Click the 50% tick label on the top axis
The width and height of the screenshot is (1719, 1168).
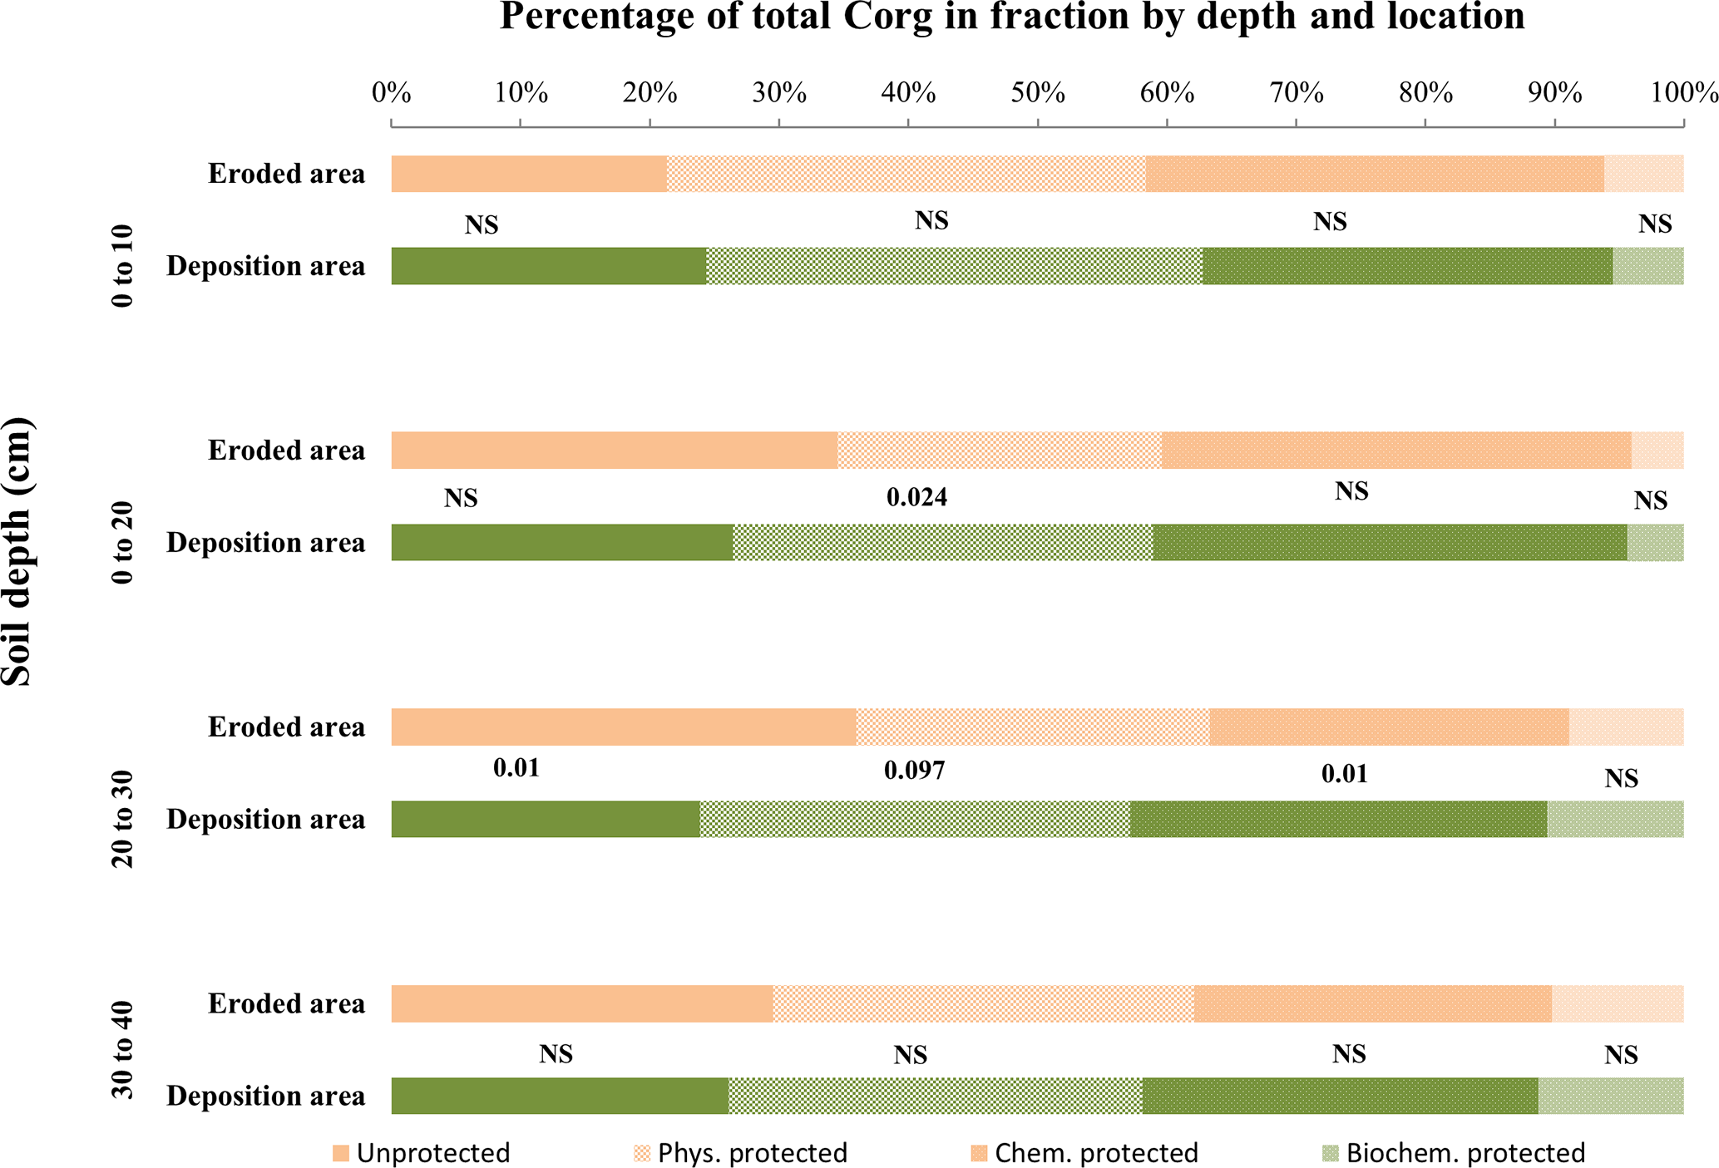click(1038, 93)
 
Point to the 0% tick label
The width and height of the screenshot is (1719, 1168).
click(391, 93)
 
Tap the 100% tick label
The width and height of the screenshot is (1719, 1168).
click(1683, 93)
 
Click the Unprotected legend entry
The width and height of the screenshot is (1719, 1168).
click(421, 1153)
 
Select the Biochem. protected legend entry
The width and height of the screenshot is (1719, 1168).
click(1454, 1153)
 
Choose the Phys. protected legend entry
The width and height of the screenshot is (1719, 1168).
click(740, 1153)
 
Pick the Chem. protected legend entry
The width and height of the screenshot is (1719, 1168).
click(1084, 1153)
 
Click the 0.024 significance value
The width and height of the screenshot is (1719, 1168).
click(916, 498)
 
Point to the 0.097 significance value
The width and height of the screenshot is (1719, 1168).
click(914, 771)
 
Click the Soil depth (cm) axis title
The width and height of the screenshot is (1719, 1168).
click(17, 552)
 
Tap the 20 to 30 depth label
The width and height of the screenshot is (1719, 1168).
click(122, 819)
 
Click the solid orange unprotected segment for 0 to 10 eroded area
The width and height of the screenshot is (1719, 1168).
click(529, 174)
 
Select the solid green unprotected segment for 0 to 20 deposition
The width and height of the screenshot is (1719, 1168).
click(562, 542)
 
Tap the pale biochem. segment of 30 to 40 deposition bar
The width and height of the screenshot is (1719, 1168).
click(1610, 1096)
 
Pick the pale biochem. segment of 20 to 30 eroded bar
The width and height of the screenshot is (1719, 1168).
click(1626, 727)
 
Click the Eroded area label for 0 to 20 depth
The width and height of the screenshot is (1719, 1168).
click(286, 451)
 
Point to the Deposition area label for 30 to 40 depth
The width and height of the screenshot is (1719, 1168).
click(265, 1096)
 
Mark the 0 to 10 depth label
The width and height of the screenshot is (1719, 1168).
click(122, 266)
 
